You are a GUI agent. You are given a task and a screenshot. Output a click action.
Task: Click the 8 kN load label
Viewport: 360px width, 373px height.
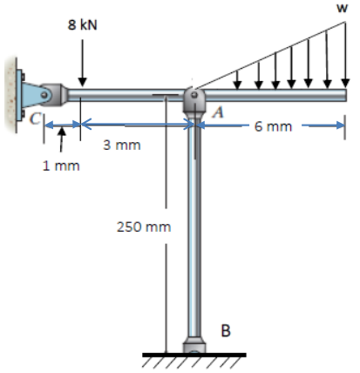(82, 24)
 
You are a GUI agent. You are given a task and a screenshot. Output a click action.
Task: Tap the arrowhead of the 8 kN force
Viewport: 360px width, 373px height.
(82, 82)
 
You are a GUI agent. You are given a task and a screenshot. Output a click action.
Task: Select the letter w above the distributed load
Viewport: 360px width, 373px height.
(343, 8)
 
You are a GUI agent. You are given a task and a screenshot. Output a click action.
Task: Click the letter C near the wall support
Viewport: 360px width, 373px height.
(35, 119)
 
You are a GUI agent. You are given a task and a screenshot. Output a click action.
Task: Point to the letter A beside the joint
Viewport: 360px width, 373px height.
(219, 112)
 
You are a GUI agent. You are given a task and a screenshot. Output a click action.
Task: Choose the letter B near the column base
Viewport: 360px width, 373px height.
(226, 330)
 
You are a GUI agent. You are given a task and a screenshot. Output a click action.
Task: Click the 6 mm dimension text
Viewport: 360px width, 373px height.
(273, 126)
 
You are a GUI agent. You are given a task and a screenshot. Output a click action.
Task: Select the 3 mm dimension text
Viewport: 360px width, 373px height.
(122, 145)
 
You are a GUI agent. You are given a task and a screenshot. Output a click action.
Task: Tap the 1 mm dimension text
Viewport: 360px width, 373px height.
(61, 166)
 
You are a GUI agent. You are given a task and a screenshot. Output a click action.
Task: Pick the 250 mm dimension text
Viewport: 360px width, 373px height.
(144, 227)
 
